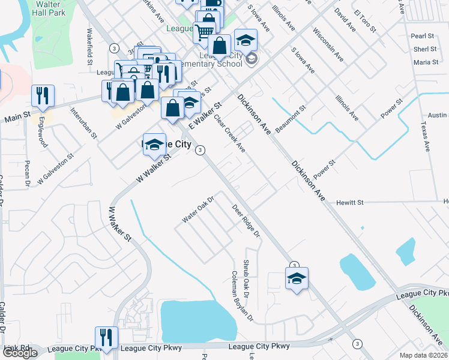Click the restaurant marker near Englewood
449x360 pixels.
pos(43,95)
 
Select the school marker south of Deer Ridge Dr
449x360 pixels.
pos(297,278)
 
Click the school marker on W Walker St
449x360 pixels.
pos(154,144)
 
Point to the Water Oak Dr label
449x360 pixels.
pos(198,208)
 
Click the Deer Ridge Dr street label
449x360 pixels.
pos(246,220)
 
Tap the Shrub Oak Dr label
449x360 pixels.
pos(246,279)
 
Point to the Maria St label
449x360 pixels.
pos(426,62)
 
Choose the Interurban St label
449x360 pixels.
pos(83,123)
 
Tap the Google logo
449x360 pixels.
pos(19,353)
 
